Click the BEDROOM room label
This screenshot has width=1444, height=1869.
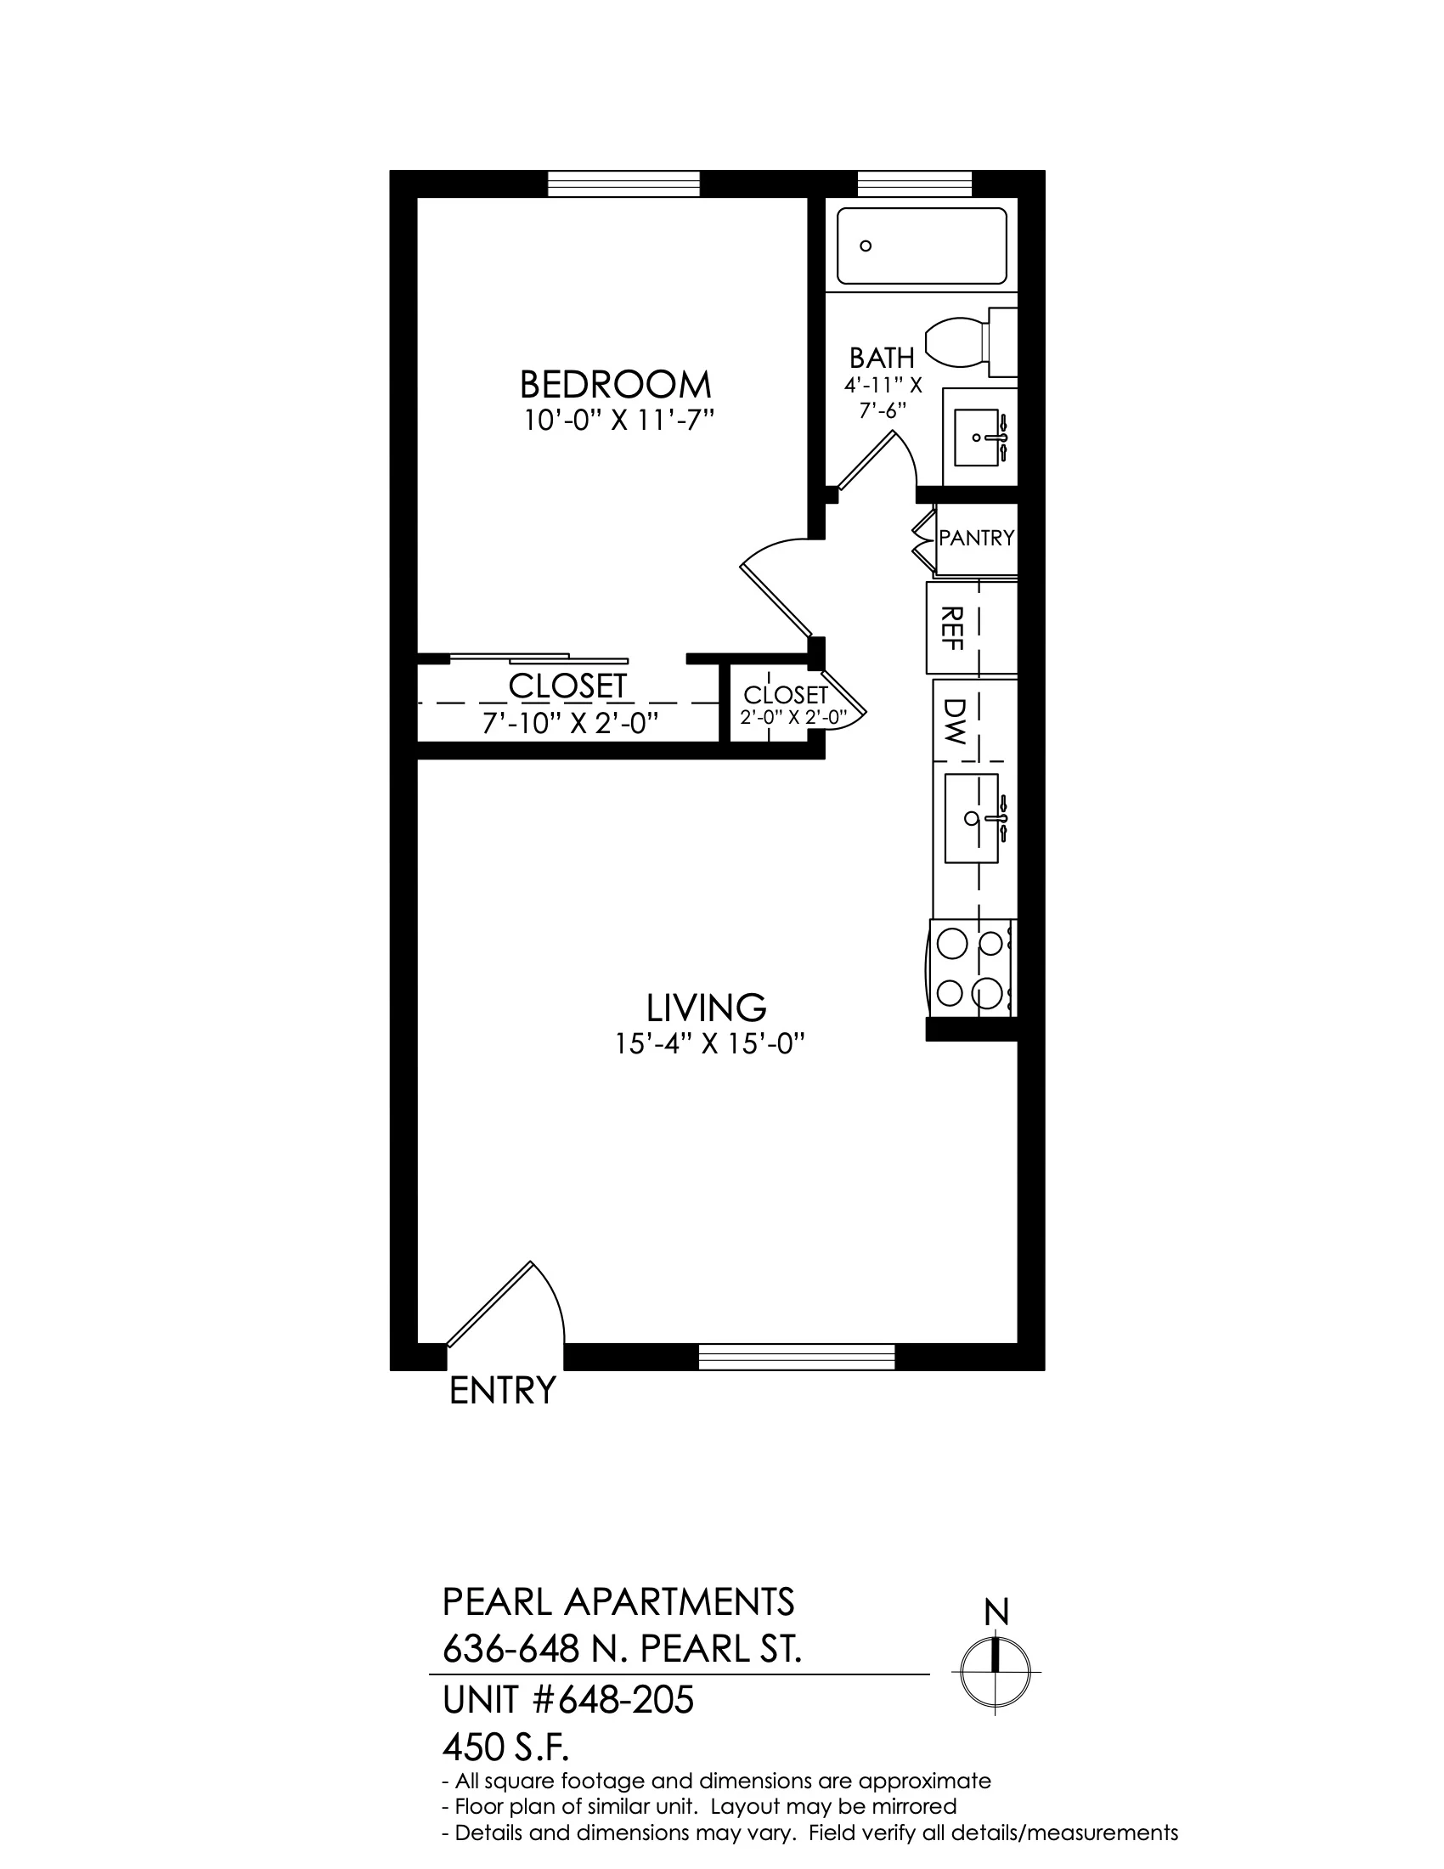click(x=615, y=385)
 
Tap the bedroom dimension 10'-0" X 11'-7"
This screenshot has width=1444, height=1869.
click(x=619, y=421)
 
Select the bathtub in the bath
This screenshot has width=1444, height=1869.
click(x=922, y=246)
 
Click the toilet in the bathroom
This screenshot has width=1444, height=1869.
click(x=971, y=342)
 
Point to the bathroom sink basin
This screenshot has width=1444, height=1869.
click(x=977, y=437)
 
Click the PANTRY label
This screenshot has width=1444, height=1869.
click(x=976, y=538)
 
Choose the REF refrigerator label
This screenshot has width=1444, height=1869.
click(x=952, y=627)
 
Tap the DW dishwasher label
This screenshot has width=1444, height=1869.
click(x=954, y=720)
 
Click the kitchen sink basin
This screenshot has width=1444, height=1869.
click(x=972, y=818)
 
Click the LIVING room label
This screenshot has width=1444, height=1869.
click(x=706, y=1008)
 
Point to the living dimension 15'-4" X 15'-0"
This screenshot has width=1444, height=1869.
click(x=711, y=1044)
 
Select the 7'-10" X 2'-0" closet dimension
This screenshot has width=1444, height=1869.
click(x=570, y=724)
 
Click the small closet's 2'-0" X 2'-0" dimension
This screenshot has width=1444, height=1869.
click(x=793, y=717)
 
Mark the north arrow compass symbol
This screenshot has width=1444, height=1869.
click(x=996, y=1672)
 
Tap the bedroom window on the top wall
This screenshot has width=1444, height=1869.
click(x=623, y=184)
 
